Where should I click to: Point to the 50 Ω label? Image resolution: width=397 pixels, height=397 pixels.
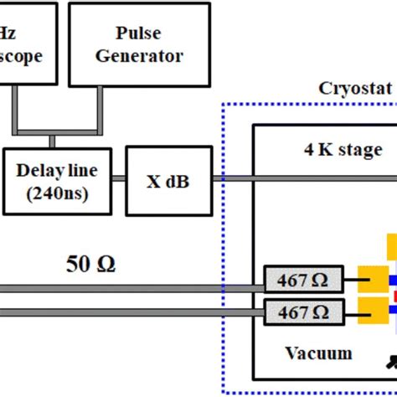point(90,265)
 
